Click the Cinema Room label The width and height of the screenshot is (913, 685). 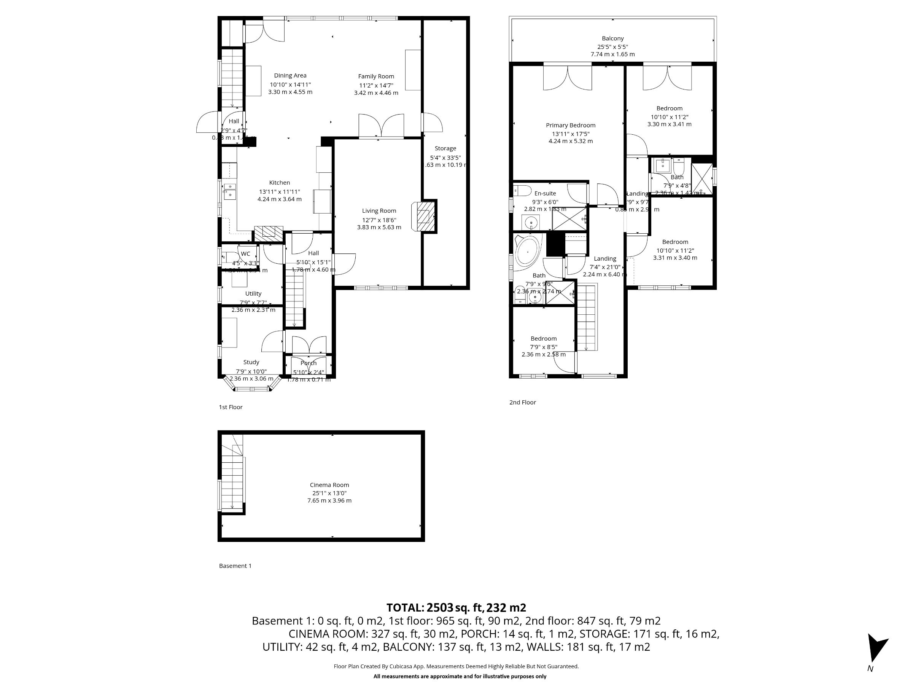329,485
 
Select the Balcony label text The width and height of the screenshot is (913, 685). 612,38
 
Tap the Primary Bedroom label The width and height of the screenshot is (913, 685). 570,125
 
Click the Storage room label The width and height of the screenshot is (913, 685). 445,148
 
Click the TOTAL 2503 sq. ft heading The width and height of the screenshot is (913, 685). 456,607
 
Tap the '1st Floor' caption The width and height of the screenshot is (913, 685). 230,407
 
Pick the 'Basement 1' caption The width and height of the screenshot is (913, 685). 235,566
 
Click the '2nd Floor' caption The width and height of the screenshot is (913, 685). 522,402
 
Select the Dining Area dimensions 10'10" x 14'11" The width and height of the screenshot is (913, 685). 290,84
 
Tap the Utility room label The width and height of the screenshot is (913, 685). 253,293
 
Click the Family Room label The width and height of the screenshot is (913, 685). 375,76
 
